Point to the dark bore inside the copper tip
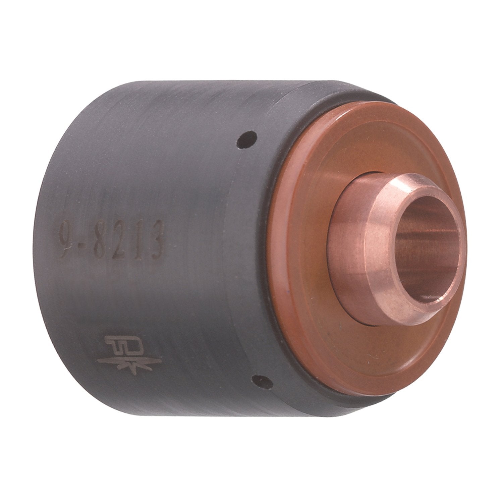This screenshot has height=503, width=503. point(433,235)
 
